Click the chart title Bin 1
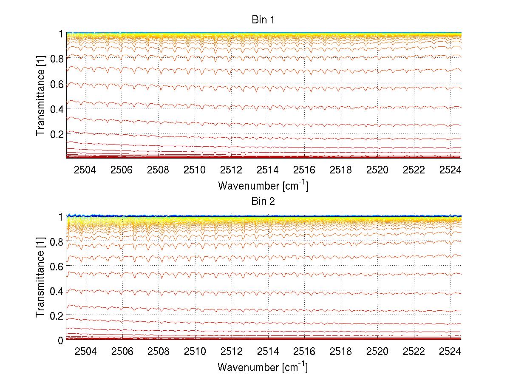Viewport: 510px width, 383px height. click(x=263, y=20)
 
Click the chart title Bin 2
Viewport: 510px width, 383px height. click(x=263, y=201)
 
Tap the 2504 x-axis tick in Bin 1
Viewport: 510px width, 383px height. click(x=85, y=170)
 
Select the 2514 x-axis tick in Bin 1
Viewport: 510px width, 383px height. click(x=268, y=170)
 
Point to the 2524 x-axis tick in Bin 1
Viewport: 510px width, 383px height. click(x=451, y=170)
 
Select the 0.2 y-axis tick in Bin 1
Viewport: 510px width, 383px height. click(x=57, y=133)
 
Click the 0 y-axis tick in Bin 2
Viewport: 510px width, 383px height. click(x=61, y=340)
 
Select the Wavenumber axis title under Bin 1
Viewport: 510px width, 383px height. click(x=263, y=185)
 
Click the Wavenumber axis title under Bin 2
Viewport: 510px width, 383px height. click(x=263, y=367)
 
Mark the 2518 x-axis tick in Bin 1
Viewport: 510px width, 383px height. click(x=341, y=170)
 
